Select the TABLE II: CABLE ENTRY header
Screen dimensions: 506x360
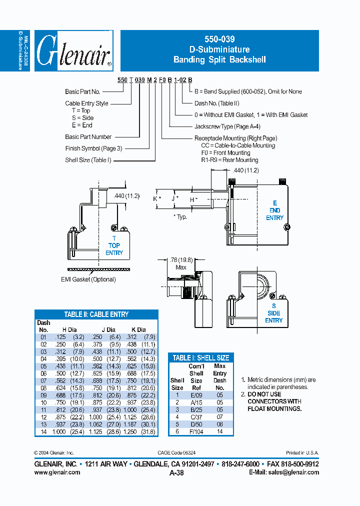tap(96, 314)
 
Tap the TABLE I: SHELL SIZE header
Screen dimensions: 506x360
tap(200, 357)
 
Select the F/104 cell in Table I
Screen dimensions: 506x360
tap(196, 431)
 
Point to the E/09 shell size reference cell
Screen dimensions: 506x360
tap(196, 394)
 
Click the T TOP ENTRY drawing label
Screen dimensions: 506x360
tap(114, 245)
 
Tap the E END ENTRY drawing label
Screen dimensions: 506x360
tap(274, 210)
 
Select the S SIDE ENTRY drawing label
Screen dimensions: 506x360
tap(273, 313)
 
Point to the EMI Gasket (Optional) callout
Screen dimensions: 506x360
tap(88, 279)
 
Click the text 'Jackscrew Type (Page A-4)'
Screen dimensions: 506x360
tap(227, 126)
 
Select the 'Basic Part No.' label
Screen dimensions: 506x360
tap(82, 91)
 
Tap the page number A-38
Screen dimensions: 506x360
tap(177, 472)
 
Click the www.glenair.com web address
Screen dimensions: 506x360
tap(57, 472)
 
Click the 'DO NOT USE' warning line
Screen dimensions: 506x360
tap(264, 394)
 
